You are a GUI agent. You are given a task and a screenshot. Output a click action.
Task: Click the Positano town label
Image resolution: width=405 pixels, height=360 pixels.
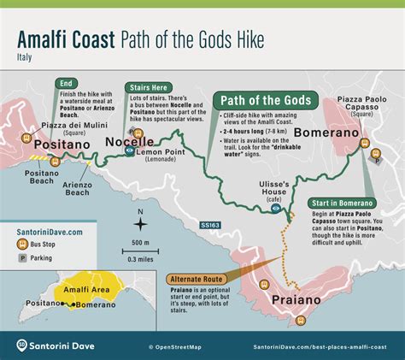62,145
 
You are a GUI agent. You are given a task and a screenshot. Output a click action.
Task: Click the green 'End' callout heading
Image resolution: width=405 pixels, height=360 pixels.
66,83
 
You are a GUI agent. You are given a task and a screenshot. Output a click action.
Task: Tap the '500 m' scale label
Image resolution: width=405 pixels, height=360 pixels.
140,243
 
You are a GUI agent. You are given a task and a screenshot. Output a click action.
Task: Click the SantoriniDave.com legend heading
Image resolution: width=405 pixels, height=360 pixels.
50,232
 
